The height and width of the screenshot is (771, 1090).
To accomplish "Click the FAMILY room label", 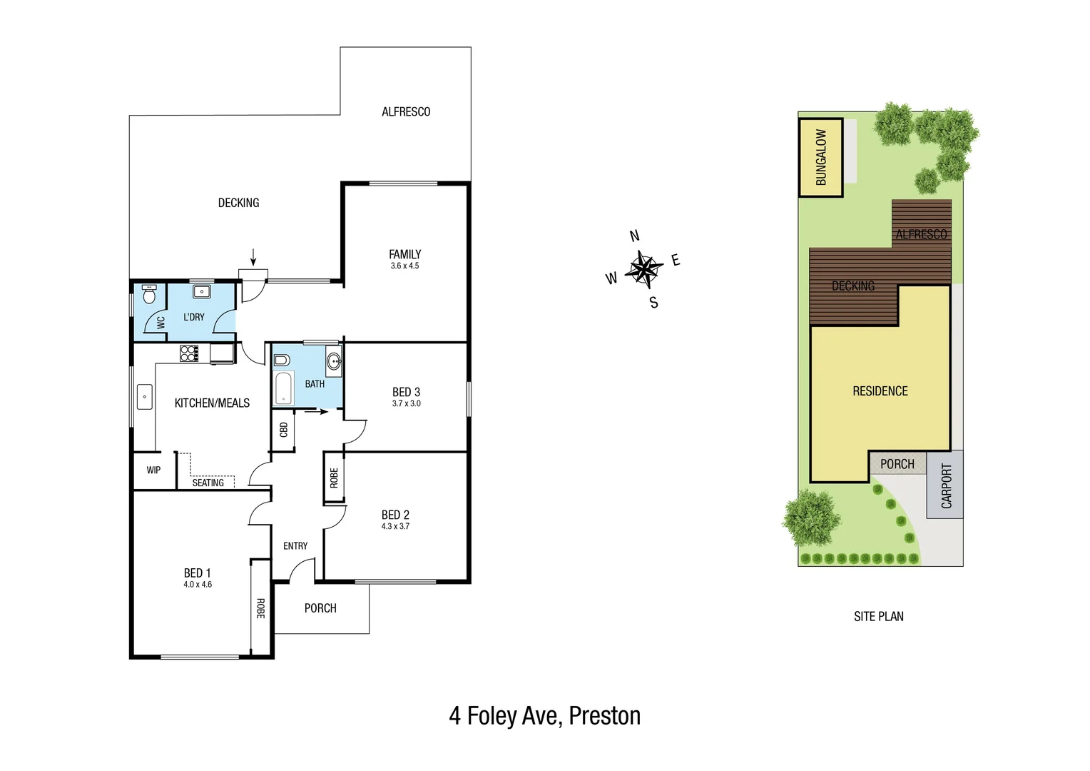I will point(404,254).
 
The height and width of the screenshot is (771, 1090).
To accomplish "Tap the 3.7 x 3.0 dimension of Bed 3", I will point(406,403).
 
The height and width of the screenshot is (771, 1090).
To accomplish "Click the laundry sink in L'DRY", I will point(202,291).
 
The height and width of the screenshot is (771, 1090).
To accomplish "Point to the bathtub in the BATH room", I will point(283,388).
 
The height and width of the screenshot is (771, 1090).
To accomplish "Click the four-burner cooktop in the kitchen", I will point(189,353).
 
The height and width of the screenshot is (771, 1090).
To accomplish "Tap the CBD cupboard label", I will point(283,430).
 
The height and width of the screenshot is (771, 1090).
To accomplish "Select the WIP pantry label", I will point(153,470).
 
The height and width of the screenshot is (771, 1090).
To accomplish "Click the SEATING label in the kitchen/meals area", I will point(208,483).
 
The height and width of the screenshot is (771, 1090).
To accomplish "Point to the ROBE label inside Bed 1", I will point(260,608).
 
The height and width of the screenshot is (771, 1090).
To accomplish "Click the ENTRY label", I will point(295,546).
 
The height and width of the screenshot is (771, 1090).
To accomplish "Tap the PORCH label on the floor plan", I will point(320,608).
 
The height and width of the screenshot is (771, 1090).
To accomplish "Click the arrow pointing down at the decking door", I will point(253,256).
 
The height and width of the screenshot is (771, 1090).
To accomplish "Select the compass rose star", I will point(644,269).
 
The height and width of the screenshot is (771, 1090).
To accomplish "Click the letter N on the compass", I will point(634,236).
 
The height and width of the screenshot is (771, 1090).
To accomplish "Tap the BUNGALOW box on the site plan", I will point(820,157).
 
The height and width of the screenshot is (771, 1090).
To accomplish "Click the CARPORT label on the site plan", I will point(946,485).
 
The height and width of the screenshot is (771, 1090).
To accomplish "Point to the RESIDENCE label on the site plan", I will point(880,391).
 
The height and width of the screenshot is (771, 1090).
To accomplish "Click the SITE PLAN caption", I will point(878,616).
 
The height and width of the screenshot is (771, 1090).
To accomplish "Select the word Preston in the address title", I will point(604,716).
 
